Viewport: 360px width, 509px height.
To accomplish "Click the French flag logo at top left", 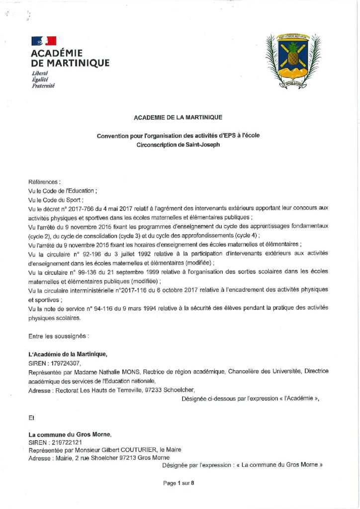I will (x=44, y=41).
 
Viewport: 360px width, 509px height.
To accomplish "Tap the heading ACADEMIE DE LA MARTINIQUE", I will (x=178, y=117).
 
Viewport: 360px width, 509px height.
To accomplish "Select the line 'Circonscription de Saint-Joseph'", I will (x=178, y=145).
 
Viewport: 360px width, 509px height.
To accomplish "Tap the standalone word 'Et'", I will (x=32, y=418).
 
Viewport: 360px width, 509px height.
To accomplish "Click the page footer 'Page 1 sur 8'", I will (x=178, y=483).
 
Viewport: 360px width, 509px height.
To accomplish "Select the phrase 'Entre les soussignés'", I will (x=58, y=336).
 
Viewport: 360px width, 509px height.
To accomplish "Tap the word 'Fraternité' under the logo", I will (x=43, y=85).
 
